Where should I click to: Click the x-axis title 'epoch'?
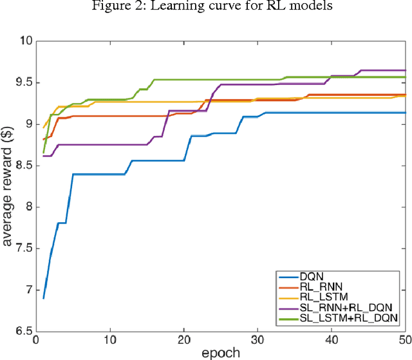220,352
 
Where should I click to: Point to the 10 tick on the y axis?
25,41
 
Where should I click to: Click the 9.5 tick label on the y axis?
23,82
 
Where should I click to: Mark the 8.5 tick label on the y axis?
23,166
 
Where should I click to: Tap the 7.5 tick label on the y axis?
23,249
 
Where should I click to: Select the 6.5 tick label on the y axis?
23,332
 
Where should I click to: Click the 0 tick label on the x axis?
36,340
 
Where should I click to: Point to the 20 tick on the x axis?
183,340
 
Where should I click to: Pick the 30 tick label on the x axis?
257,340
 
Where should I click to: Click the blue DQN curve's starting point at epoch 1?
43,298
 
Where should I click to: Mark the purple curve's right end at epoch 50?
405,70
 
